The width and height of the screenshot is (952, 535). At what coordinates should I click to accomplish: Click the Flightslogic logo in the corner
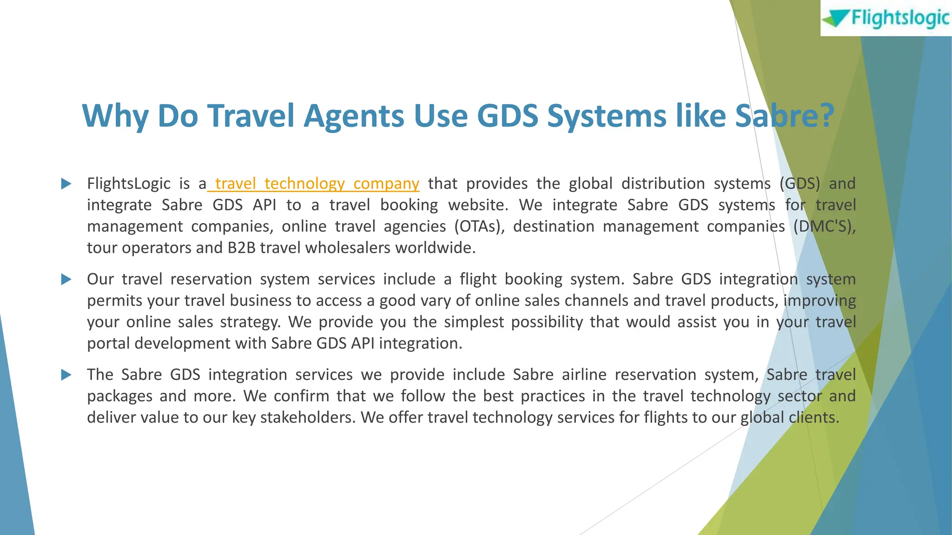coord(886,19)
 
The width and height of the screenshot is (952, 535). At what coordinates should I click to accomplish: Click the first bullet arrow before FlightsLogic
coord(66,184)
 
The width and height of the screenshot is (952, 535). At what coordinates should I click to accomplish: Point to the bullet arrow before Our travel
coord(66,280)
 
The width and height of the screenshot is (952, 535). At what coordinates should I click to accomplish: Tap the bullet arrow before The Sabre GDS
coord(66,375)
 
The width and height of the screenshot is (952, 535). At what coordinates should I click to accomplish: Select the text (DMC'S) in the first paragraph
coord(824,227)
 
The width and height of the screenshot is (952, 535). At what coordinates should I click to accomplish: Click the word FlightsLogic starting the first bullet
coord(129,184)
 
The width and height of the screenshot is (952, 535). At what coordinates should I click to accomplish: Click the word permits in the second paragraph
coord(115,301)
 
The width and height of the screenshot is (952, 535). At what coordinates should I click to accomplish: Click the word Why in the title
coord(115,116)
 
